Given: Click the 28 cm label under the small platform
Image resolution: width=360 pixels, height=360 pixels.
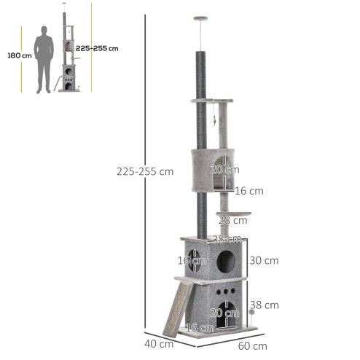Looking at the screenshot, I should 232,221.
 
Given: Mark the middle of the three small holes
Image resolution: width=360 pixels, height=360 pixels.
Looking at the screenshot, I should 226,289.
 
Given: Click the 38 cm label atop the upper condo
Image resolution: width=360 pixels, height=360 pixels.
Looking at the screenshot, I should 226,239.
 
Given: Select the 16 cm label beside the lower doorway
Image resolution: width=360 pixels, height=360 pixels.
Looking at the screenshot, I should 199,329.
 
